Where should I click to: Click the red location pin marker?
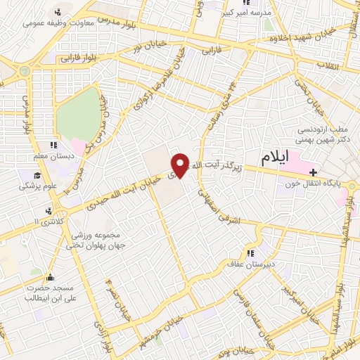click(180, 165)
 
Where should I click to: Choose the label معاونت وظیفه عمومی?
click(51, 22)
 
